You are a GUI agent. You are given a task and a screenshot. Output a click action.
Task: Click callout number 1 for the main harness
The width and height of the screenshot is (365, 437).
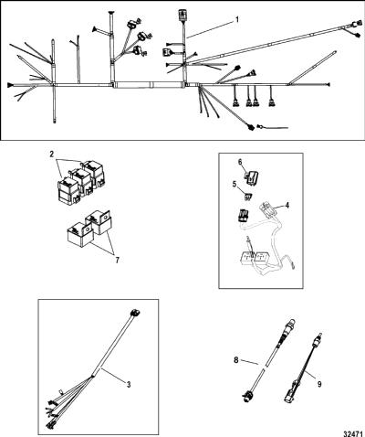coord(237,20)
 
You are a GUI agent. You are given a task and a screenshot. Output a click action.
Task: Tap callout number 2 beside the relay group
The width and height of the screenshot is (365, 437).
coord(52,155)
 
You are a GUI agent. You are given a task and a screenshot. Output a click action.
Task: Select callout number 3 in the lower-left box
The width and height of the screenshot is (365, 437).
coord(129,385)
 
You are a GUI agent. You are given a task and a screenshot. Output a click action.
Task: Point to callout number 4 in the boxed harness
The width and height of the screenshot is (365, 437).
coord(287,205)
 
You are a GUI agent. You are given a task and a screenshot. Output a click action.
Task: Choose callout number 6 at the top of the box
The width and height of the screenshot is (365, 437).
coord(240,162)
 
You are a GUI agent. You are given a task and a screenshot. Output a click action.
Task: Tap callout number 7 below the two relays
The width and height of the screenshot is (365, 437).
coord(117,260)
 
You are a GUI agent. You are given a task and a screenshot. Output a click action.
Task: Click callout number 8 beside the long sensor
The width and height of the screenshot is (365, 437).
coord(236,360)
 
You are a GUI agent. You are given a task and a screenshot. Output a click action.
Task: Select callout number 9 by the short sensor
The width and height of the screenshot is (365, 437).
coord(319,384)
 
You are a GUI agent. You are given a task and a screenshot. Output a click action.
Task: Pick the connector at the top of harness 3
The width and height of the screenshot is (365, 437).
coord(135,313)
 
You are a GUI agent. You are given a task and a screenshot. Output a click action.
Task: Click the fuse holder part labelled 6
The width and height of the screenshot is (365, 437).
coord(252,177)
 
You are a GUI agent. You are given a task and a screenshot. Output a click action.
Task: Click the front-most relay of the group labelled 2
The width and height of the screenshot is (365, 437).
coord(68,191)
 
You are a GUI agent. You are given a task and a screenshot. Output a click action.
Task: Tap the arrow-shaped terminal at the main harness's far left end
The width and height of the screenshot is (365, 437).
coord(10,85)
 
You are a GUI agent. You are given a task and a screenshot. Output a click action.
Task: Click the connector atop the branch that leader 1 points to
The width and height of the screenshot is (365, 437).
coord(182,15)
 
